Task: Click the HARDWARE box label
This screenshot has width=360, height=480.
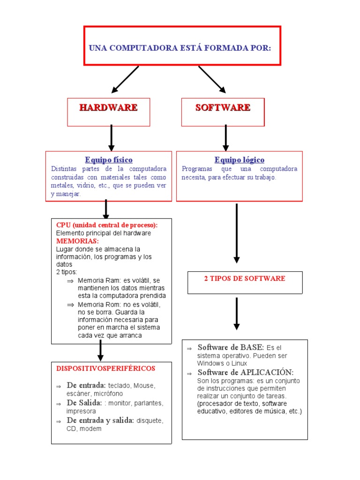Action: click(x=108, y=107)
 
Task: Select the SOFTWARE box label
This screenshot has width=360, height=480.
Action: click(x=223, y=107)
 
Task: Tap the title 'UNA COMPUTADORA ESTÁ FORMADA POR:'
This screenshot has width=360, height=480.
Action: click(x=180, y=48)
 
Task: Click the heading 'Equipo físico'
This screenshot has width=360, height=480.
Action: click(x=109, y=160)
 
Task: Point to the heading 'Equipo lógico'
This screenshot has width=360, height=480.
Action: click(x=240, y=160)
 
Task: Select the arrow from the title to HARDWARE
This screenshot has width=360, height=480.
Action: click(x=125, y=79)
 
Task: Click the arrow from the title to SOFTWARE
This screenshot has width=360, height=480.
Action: click(x=212, y=79)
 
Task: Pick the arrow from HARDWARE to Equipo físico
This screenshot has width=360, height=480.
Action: click(x=111, y=138)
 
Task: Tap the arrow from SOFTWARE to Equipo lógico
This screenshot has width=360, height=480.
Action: click(x=225, y=138)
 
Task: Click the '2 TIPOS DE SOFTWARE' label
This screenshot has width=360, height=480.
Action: click(x=245, y=278)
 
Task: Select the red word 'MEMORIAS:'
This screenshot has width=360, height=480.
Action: click(x=77, y=241)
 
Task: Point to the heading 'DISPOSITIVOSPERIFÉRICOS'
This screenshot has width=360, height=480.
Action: click(x=106, y=368)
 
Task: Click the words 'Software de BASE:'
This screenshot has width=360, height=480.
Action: click(x=231, y=347)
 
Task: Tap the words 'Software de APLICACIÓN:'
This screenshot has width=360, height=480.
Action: click(x=246, y=372)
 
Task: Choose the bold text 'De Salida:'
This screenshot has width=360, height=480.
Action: click(x=84, y=403)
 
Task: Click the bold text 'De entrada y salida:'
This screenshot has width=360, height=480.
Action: click(x=100, y=420)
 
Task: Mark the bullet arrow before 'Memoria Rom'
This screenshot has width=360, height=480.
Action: click(x=70, y=305)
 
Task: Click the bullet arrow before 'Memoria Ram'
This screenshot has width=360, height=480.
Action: click(x=70, y=281)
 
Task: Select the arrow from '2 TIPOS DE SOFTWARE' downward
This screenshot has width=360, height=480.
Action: click(x=237, y=314)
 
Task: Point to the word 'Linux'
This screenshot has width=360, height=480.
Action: click(x=238, y=363)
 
